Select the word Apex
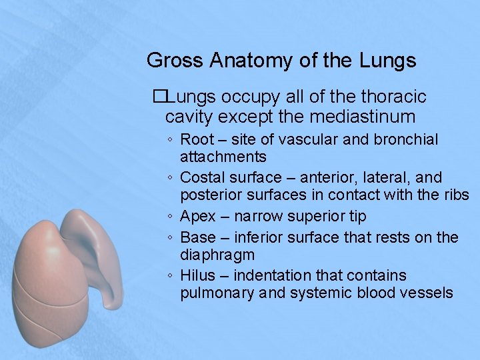tap(199, 217)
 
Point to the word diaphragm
tap(217, 255)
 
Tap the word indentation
tap(273, 275)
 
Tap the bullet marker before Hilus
tap(171, 276)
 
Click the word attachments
tap(223, 157)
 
